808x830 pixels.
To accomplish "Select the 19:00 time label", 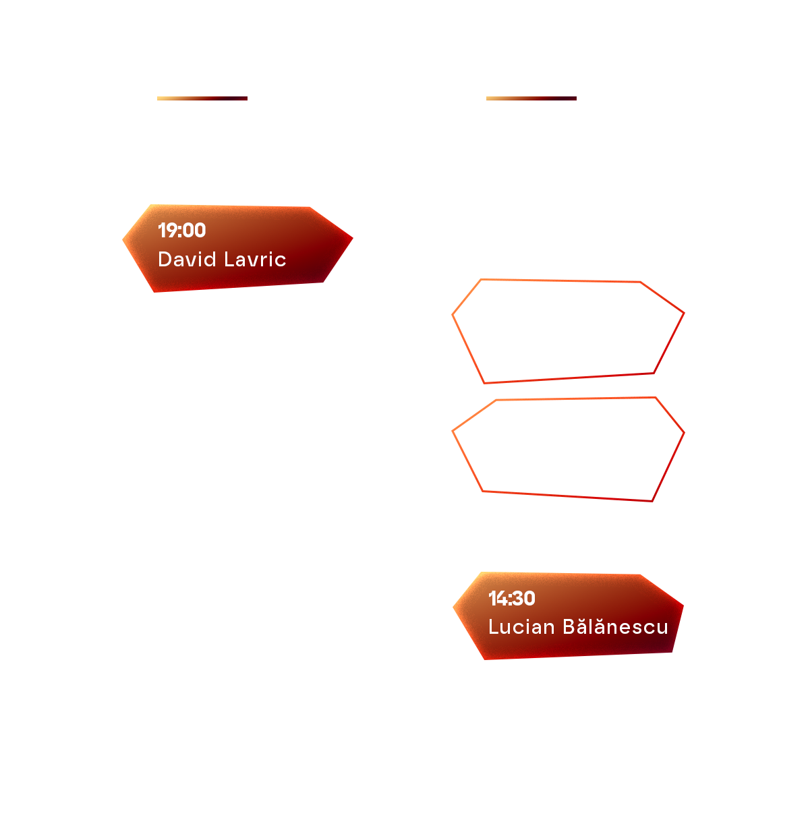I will coord(181,231).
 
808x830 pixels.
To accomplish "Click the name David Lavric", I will coord(222,260).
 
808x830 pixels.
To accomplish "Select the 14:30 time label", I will coord(512,598).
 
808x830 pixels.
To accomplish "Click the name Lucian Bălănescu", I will coord(578,627).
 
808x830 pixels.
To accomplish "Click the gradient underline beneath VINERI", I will coord(202,98).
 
